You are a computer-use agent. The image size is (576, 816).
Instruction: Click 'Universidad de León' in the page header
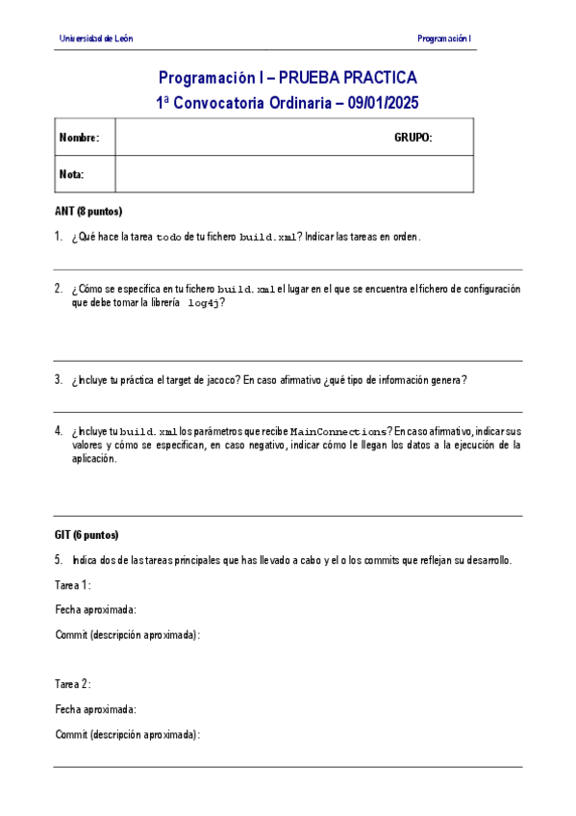coord(96,38)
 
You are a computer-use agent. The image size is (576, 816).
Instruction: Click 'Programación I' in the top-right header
coord(443,38)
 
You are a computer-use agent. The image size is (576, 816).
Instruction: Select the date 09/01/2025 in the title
coord(384,101)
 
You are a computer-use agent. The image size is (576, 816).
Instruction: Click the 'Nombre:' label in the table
coord(79,138)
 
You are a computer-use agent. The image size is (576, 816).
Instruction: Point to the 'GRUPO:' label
coord(413,138)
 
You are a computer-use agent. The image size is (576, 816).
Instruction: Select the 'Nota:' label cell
coord(72,174)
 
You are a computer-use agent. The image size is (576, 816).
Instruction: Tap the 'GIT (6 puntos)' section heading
coord(87,535)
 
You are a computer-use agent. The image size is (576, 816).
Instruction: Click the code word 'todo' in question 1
coord(168,237)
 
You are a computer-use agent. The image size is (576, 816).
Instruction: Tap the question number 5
coord(59,560)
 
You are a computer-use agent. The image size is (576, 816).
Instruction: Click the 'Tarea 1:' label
coord(73,585)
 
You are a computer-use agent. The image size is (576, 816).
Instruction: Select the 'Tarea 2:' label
coord(73,684)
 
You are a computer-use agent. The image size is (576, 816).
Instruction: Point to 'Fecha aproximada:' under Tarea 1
coord(95,610)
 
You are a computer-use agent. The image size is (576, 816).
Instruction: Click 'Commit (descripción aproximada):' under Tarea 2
coord(127,734)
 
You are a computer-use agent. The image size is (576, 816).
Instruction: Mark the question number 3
coord(59,380)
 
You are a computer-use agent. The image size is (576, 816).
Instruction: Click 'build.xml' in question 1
coord(268,237)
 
